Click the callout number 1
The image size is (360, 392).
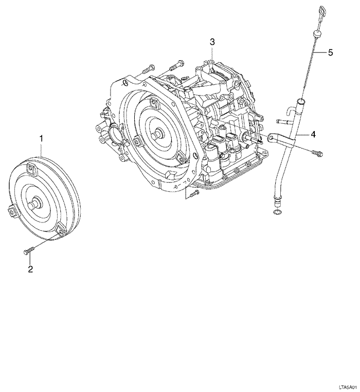42,138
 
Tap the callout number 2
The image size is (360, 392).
30,269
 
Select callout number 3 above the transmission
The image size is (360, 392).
211,42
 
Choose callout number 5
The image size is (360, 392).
331,52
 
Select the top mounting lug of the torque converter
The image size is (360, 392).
33,168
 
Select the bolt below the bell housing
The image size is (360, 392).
192,194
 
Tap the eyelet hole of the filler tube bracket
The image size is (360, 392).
270,137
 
